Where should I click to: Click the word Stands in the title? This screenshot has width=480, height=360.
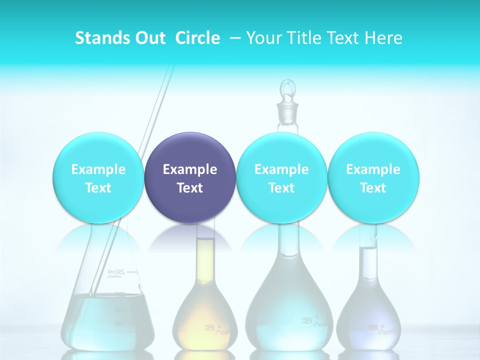tap(99, 38)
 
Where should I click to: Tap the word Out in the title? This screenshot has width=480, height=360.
tap(148, 38)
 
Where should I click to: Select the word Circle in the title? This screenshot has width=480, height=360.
tap(197, 38)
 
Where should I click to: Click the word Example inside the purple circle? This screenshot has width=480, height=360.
tap(190, 169)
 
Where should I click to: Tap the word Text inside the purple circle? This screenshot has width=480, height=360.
tap(190, 188)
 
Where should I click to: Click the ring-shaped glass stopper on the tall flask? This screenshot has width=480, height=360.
tap(287, 90)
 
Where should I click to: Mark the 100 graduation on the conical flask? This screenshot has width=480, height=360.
tap(119, 323)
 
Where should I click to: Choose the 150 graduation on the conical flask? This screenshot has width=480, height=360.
tap(119, 310)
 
